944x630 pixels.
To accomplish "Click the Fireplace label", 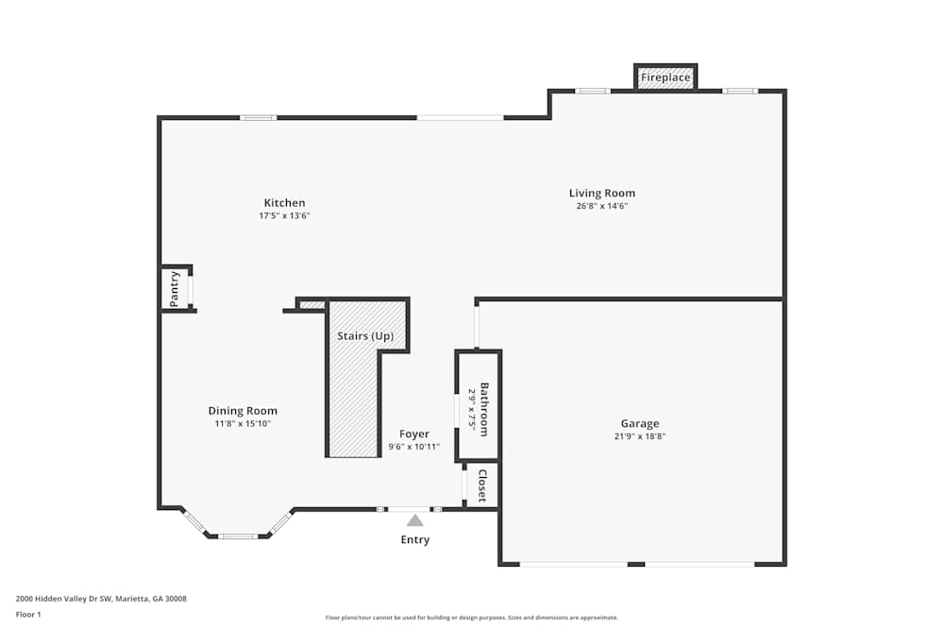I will (666, 77).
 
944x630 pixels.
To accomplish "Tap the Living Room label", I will (601, 194).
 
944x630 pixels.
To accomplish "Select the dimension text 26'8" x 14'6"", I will (601, 206).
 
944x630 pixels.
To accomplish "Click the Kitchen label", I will (284, 203).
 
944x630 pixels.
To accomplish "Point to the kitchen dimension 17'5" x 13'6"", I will (284, 215).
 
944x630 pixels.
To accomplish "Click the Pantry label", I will (175, 288).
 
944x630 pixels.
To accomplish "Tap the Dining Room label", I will (243, 411).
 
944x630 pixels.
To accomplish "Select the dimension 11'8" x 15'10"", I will (243, 423).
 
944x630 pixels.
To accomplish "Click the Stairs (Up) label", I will (365, 336).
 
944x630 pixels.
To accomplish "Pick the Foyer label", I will (413, 434).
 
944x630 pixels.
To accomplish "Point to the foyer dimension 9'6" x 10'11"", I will (413, 447).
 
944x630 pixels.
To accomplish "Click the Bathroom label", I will (484, 408).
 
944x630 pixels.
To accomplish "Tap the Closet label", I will (482, 485).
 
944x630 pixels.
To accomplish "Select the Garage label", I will (639, 424).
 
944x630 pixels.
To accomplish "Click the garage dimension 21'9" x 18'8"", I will (639, 436).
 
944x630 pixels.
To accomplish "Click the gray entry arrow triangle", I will (414, 520).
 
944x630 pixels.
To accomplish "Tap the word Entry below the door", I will (414, 540).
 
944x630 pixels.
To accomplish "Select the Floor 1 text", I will (28, 614).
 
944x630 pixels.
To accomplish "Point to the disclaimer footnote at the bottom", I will (471, 618).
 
